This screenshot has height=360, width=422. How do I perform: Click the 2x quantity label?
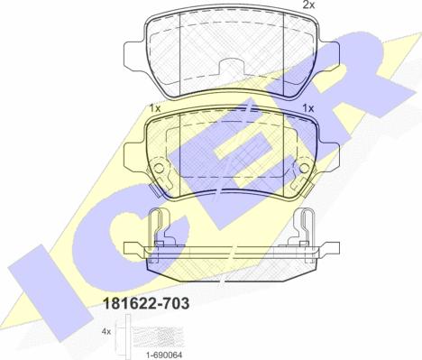308,5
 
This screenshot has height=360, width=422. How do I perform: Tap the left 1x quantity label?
155,108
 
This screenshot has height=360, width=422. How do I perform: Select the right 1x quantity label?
308,108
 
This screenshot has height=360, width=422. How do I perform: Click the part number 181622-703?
146,303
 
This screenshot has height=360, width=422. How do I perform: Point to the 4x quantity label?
106,332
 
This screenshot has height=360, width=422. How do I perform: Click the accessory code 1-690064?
165,355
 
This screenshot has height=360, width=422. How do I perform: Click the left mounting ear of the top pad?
135,54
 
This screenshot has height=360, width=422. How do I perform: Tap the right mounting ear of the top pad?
328,56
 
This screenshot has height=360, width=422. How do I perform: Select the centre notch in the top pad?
232,66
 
